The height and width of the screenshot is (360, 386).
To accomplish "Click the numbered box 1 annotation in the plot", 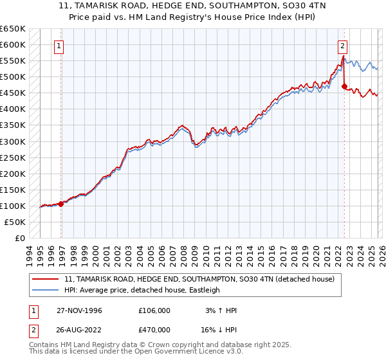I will [59, 46].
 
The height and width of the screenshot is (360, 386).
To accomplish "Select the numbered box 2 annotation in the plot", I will [342, 46].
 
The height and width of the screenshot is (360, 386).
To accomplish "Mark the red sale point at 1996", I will [61, 204].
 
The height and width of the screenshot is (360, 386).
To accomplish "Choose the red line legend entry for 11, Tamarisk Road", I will [199, 280].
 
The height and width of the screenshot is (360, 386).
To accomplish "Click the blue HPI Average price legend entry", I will [142, 290].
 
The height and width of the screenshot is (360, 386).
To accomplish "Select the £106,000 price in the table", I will [154, 310].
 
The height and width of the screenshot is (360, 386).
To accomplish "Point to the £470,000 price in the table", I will [154, 331].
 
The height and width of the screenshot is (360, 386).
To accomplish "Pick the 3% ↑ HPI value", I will [221, 310].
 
